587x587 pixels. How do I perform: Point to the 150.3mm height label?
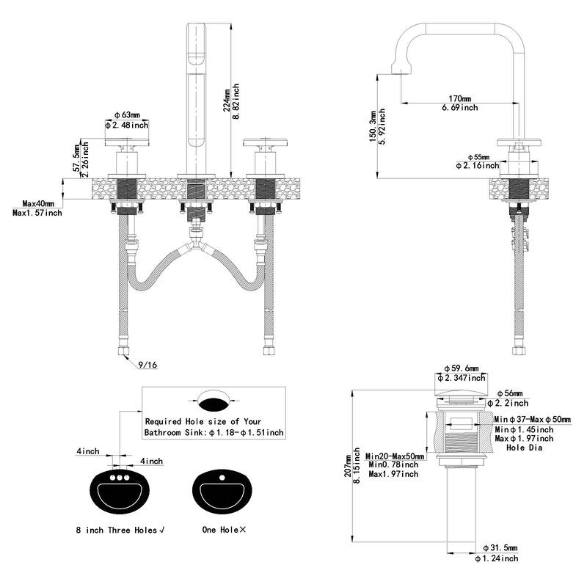click(x=373, y=125)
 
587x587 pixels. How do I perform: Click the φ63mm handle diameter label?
click(x=128, y=115)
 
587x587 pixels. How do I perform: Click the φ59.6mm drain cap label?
click(x=461, y=368)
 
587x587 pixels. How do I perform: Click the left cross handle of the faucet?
click(x=128, y=145)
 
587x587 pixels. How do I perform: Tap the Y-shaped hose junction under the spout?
click(x=195, y=236)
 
